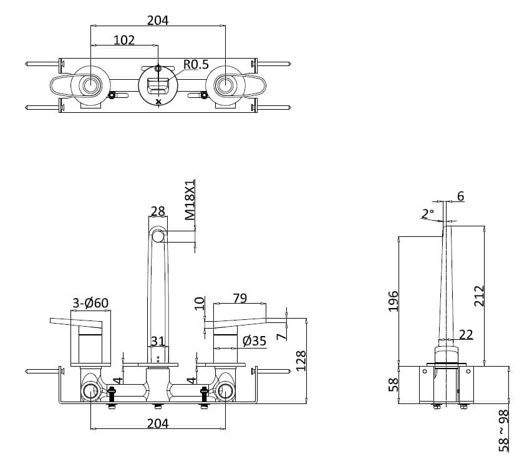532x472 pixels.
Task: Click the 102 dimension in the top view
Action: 124,40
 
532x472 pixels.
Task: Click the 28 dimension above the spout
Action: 158,211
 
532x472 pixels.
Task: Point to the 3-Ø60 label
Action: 90,303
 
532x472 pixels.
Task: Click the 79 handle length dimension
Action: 239,298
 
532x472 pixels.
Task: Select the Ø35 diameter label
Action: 254,340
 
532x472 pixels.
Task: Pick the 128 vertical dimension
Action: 301,360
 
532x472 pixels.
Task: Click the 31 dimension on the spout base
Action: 158,341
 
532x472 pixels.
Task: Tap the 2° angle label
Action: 427,214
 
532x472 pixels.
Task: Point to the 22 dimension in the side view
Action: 466,334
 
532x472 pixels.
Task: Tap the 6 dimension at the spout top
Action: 460,196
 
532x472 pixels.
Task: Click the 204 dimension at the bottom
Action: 158,423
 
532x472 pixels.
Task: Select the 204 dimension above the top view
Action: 158,20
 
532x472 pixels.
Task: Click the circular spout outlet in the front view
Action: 158,236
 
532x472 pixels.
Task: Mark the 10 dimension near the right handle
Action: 200,303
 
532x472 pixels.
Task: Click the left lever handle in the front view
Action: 75,322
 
